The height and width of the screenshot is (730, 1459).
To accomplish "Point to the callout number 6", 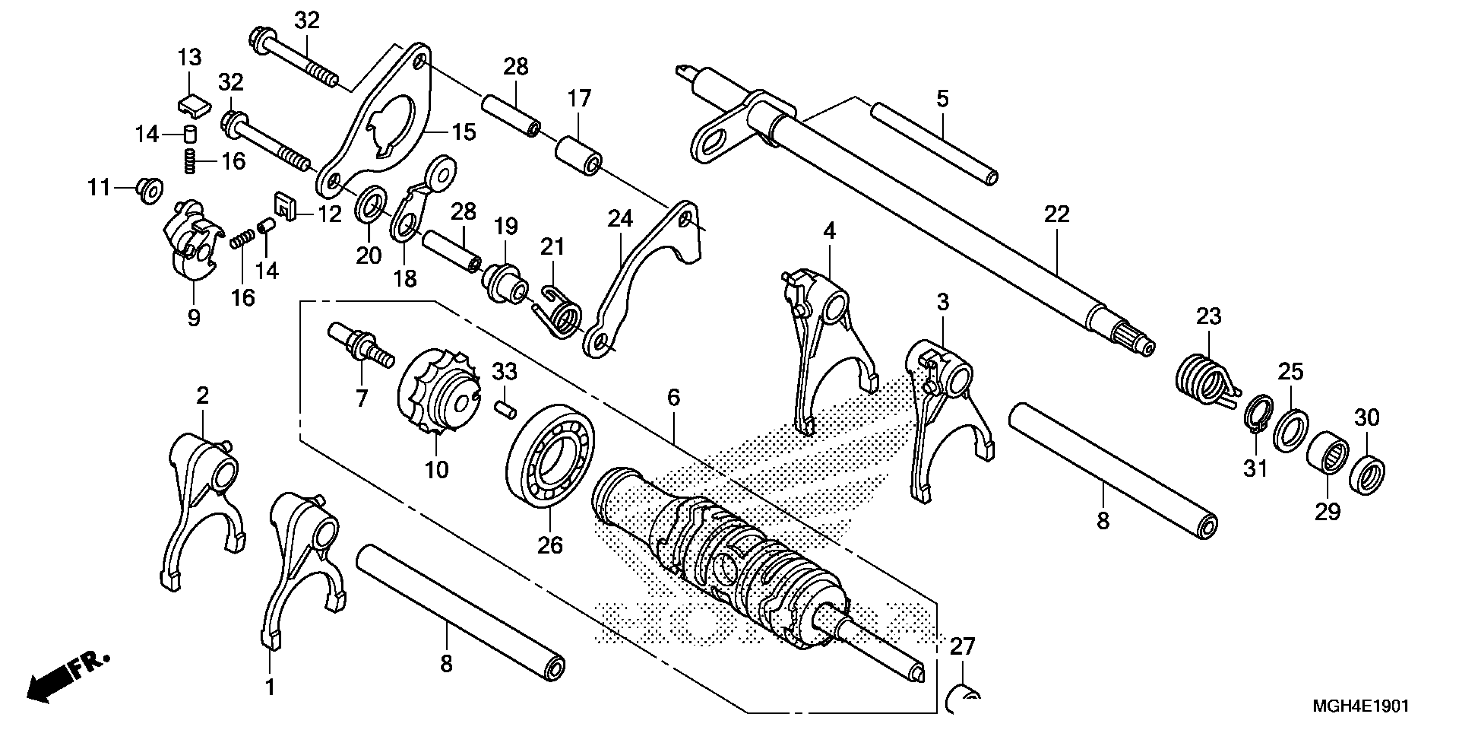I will point(673,398).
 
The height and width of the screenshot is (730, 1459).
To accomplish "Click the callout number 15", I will point(464,133).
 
